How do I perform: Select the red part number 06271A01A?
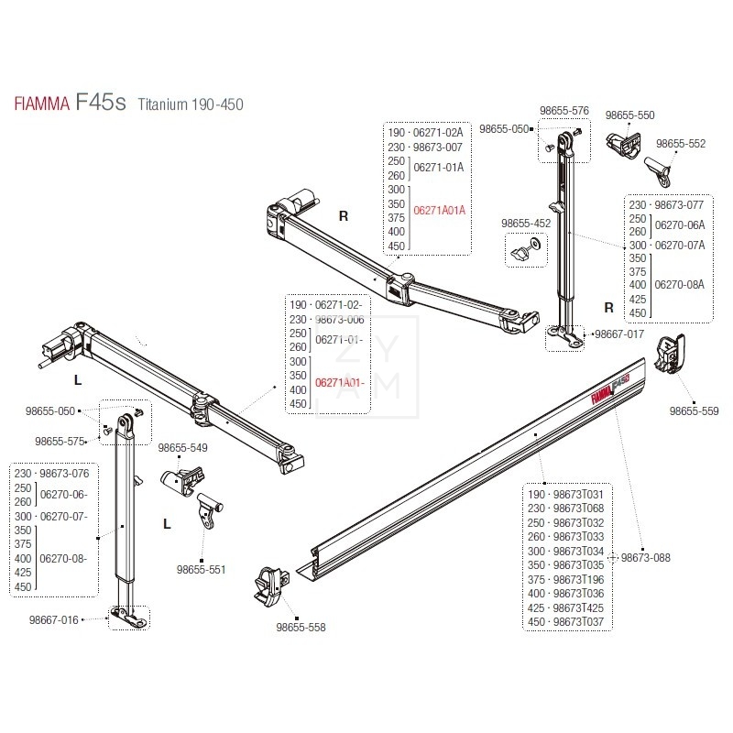tap(441, 210)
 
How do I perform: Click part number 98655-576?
tap(566, 110)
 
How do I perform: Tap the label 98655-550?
tap(629, 116)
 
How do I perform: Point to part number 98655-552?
tap(681, 144)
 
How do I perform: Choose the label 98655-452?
tap(525, 223)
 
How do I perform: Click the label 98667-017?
tap(619, 334)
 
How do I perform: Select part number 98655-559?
tap(695, 411)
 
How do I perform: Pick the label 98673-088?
tap(647, 556)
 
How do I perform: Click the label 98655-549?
tap(183, 448)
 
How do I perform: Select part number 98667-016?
tap(54, 619)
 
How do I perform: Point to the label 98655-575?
tap(59, 442)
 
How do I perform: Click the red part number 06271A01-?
tap(338, 382)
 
